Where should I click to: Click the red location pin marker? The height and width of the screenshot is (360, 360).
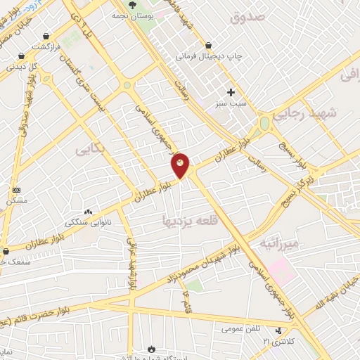tap(181, 165)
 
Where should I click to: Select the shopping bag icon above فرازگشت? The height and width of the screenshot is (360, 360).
tap(46, 36)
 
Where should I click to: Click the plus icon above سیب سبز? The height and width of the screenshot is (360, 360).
tap(231, 91)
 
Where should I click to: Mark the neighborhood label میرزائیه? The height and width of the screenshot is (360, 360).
tap(279, 243)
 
